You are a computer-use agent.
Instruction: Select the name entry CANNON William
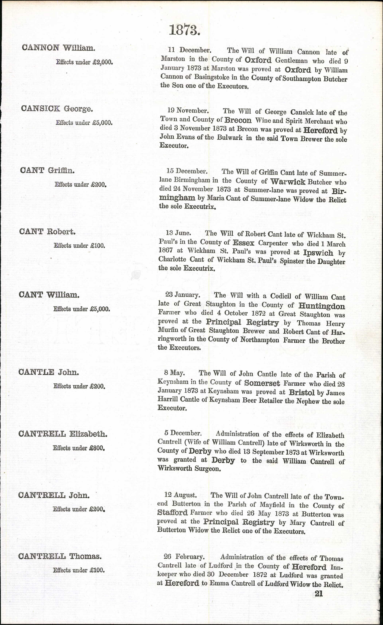[59, 48]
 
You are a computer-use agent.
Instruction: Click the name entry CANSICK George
[57, 109]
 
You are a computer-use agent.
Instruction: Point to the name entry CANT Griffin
[47, 170]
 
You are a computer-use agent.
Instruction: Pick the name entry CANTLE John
[49, 372]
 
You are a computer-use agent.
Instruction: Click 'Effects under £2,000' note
[84, 62]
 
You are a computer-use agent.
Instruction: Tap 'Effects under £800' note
[79, 448]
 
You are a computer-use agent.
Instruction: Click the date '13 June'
[178, 233]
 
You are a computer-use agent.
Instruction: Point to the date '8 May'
[174, 373]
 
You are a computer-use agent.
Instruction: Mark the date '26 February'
[184, 557]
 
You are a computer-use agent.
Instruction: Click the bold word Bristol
[302, 392]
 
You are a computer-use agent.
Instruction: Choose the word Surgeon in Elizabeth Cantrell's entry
[208, 468]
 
